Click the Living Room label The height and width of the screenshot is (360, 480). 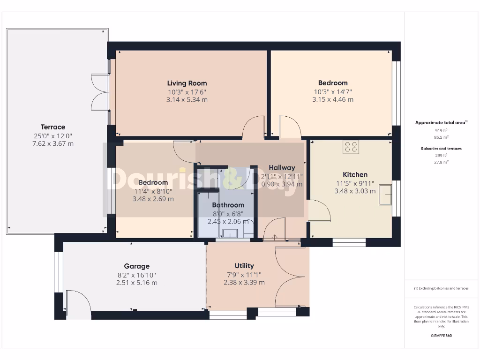187,83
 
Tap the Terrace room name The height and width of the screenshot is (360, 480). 53,127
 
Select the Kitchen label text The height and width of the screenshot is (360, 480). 355,174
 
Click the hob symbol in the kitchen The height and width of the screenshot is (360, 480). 351,147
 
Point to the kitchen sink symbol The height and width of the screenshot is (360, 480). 386,195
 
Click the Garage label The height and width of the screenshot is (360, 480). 137,266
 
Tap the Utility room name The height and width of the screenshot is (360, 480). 244,266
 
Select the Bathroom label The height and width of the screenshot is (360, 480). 228,205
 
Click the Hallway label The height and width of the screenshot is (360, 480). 282,168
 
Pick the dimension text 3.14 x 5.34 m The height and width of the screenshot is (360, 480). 187,99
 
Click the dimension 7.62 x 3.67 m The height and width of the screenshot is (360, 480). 53,143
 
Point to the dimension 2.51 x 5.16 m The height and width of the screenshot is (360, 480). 137,283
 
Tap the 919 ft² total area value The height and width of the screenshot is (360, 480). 441,131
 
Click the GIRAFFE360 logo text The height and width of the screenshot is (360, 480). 441,336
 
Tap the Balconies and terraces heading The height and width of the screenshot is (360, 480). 441,149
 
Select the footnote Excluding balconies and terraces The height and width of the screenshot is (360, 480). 441,288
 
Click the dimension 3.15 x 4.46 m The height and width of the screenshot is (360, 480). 333,99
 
